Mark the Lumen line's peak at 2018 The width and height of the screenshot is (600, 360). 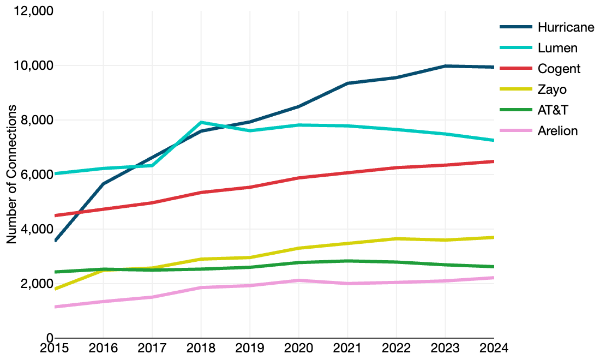coord(201,123)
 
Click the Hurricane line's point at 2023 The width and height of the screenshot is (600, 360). coord(445,66)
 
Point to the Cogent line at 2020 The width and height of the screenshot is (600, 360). coord(299,178)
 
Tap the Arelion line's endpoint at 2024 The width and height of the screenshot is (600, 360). coord(493,278)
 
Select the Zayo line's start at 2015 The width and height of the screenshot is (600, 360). coord(56,289)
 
